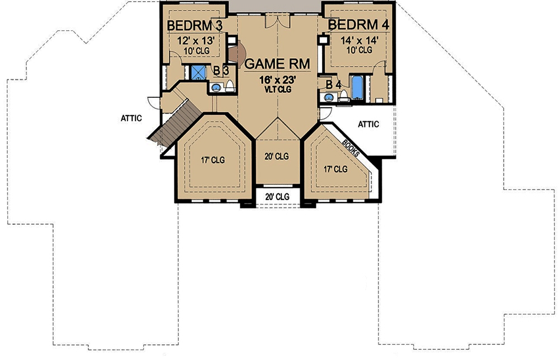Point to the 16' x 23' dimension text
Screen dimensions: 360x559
277,80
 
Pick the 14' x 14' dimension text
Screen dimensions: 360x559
357,40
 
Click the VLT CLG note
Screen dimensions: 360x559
277,89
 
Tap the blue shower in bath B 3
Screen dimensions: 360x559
197,73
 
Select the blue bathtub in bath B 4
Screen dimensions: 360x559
357,88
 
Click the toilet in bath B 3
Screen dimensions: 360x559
229,86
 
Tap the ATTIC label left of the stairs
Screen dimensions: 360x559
131,118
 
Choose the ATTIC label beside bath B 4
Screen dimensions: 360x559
368,124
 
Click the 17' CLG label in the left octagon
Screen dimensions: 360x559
212,160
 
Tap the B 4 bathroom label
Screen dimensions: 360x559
333,84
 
